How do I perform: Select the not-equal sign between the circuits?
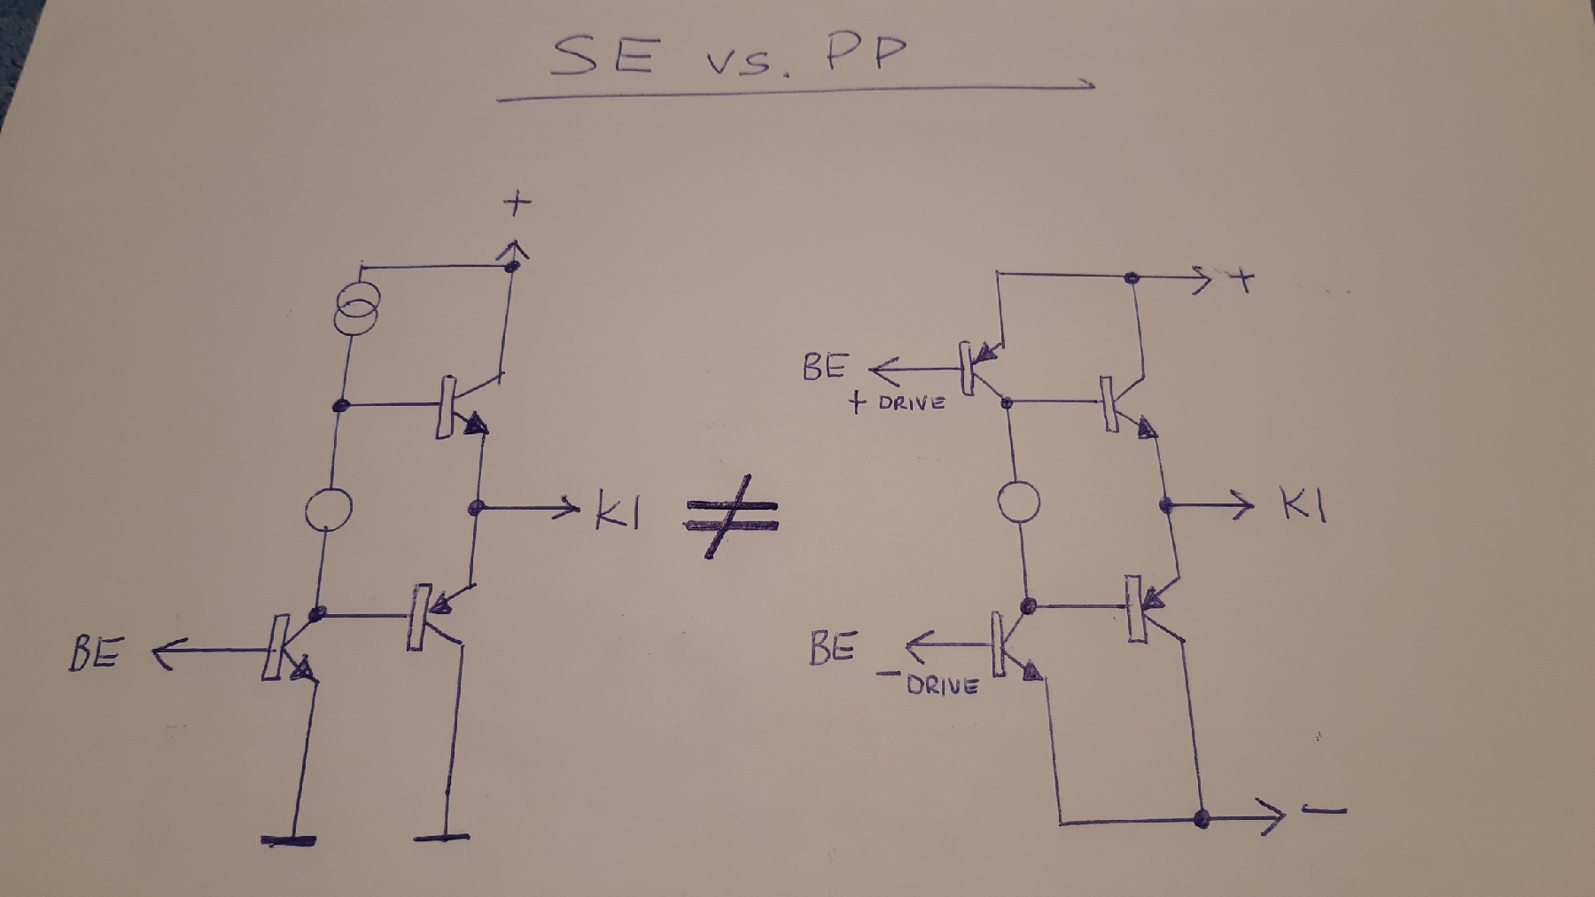coord(732,516)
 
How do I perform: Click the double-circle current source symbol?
coord(356,308)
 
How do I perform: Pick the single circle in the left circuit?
coord(328,509)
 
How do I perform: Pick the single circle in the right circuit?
coord(1018,502)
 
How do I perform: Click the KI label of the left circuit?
coord(617,512)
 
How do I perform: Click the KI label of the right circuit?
coord(1303,506)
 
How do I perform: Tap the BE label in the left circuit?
coord(95,654)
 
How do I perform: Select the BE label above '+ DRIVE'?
coord(826,367)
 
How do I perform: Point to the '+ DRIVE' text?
coord(898,403)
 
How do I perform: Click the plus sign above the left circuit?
coord(517,204)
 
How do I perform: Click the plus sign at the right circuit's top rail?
coord(1244,281)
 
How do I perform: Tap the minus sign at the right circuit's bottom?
coord(1325,810)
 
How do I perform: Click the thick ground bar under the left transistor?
coord(289,839)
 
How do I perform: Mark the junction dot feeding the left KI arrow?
coord(476,508)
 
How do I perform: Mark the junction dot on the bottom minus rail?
coord(1202,818)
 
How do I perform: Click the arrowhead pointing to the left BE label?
coord(162,655)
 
